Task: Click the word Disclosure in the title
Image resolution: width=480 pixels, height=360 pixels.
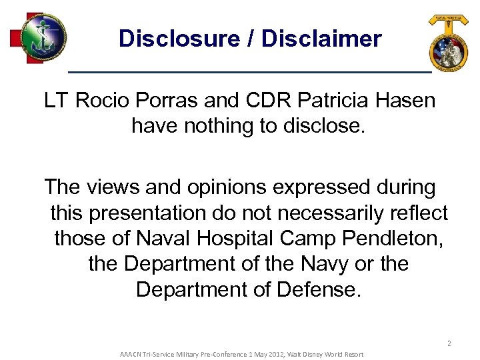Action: click(179, 39)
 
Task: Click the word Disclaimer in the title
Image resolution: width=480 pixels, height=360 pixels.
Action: click(322, 39)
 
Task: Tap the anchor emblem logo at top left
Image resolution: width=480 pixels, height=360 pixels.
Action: click(41, 37)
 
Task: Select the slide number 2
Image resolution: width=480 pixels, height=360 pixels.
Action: click(449, 344)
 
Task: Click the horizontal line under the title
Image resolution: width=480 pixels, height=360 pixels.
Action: click(250, 71)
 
